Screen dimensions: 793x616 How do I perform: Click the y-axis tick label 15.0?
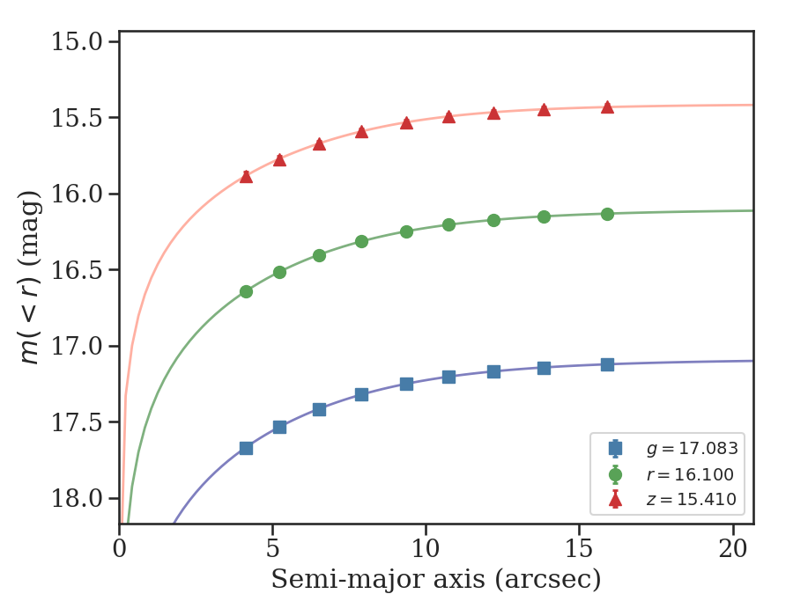77,41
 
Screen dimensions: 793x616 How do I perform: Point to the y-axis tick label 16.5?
77,270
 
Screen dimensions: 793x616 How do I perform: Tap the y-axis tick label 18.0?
77,498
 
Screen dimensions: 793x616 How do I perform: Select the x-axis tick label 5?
272,548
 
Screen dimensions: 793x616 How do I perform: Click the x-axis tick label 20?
733,548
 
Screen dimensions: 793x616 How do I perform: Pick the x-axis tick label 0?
119,548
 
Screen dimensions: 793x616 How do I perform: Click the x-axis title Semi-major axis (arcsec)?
436,580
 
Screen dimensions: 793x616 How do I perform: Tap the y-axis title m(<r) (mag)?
29,278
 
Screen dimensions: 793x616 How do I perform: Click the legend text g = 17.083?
693,449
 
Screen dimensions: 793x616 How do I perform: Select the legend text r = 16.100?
690,474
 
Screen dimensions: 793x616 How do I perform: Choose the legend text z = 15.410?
692,499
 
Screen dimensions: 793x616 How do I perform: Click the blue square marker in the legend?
616,448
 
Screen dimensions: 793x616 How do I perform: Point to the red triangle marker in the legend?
616,500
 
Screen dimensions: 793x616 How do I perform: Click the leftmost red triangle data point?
247,176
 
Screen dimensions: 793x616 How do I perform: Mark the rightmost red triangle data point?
607,107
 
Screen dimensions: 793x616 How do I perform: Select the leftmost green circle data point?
247,292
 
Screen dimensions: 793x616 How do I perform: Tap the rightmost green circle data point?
607,215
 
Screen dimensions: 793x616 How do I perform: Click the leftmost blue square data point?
247,449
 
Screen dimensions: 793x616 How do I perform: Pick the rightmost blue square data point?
607,364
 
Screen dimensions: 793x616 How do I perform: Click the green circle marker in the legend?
616,474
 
